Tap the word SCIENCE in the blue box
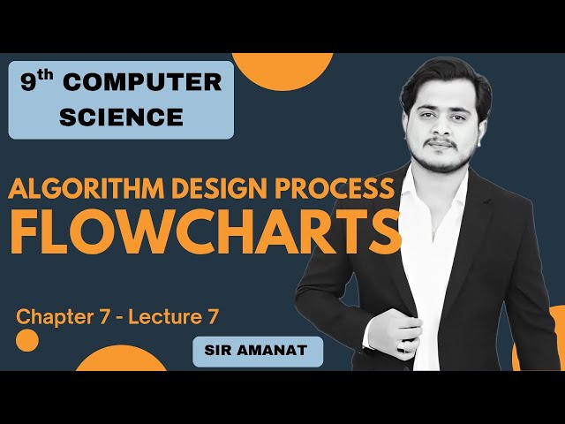click(x=121, y=116)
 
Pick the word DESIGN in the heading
click(x=232, y=189)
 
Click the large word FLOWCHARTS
click(x=206, y=231)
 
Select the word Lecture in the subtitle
click(x=164, y=315)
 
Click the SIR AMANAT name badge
click(x=257, y=352)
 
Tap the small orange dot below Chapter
click(x=27, y=340)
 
